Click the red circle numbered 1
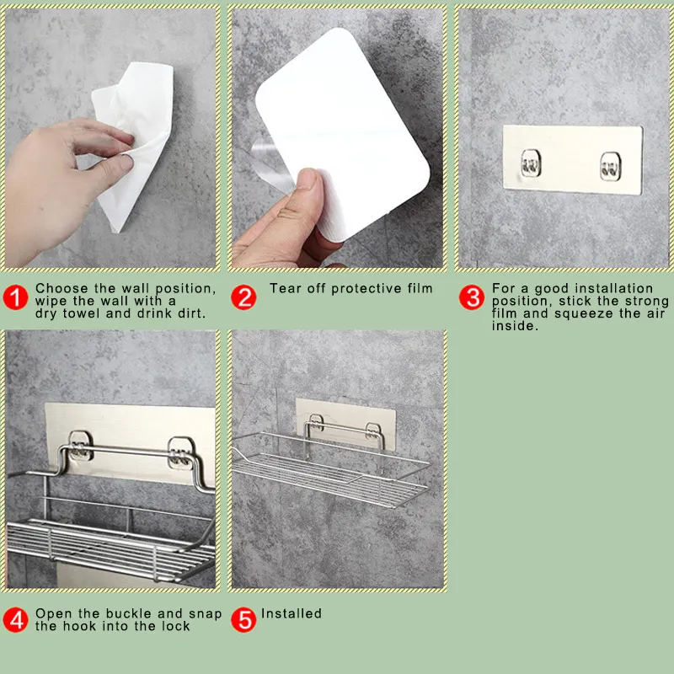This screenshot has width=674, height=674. [x=15, y=297]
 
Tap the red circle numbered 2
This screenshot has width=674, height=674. [x=243, y=297]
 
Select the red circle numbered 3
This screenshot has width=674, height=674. [x=472, y=297]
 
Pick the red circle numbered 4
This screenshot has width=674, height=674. [x=15, y=620]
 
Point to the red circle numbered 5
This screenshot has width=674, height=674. [x=243, y=620]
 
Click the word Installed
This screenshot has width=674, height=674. [x=292, y=613]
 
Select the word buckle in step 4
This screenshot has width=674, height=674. [x=131, y=613]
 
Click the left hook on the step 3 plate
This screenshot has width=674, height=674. [x=531, y=163]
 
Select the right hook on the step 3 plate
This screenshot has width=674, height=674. [x=610, y=166]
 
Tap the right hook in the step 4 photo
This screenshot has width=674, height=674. [x=180, y=453]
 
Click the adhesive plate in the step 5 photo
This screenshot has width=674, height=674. [x=345, y=424]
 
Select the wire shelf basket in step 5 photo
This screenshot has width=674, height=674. [x=330, y=467]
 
